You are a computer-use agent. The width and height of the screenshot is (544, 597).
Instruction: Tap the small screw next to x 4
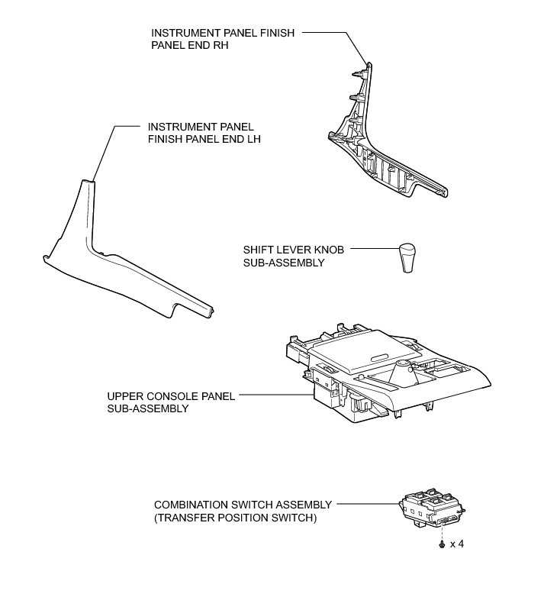pyautogui.click(x=442, y=544)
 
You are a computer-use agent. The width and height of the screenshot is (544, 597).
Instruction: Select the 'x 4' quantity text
pyautogui.click(x=456, y=544)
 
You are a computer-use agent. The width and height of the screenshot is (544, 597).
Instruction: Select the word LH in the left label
pyautogui.click(x=240, y=139)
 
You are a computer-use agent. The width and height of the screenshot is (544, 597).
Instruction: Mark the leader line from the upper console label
pyautogui.click(x=275, y=395)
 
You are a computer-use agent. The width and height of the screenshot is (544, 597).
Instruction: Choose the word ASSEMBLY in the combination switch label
pyautogui.click(x=303, y=505)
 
